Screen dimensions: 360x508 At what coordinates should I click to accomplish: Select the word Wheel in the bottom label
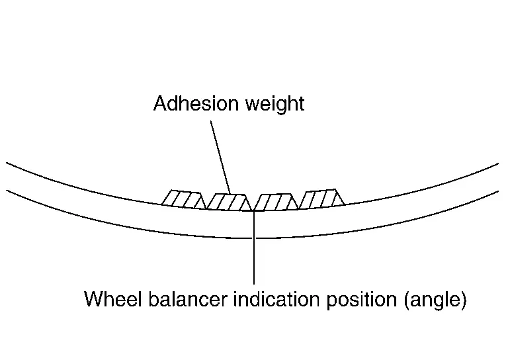[x=108, y=300]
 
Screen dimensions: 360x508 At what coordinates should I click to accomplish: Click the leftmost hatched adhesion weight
[x=182, y=199]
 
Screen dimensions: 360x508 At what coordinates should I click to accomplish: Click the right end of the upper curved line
[x=497, y=163]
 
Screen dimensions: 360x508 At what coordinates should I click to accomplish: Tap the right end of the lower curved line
[x=497, y=191]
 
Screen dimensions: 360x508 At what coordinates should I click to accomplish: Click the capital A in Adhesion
[x=159, y=104]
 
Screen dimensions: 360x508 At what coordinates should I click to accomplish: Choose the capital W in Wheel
[x=93, y=300]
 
